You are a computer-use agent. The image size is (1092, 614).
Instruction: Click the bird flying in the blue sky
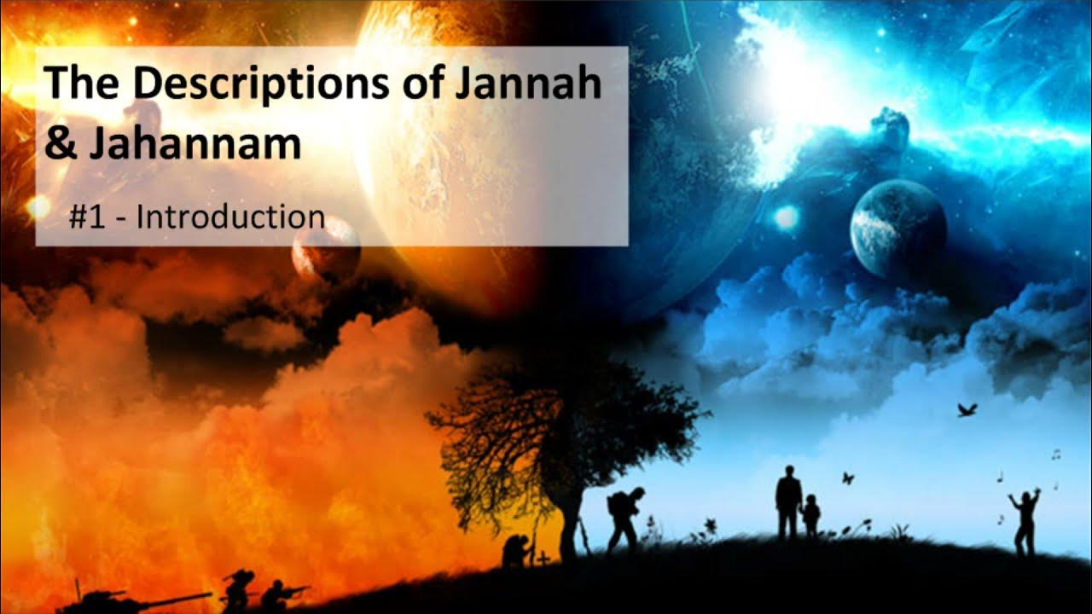(x=967, y=410)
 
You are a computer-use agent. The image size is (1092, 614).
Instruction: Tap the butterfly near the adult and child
(x=848, y=478)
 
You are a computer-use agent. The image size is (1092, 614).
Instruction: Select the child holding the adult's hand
(x=810, y=516)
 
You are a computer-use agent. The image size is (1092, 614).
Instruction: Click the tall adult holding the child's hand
(x=788, y=503)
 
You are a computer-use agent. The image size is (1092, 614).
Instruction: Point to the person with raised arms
(x=1025, y=520)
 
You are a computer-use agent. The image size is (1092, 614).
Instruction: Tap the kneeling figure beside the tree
(x=517, y=551)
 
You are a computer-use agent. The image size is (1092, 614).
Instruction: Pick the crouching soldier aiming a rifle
(x=277, y=594)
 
